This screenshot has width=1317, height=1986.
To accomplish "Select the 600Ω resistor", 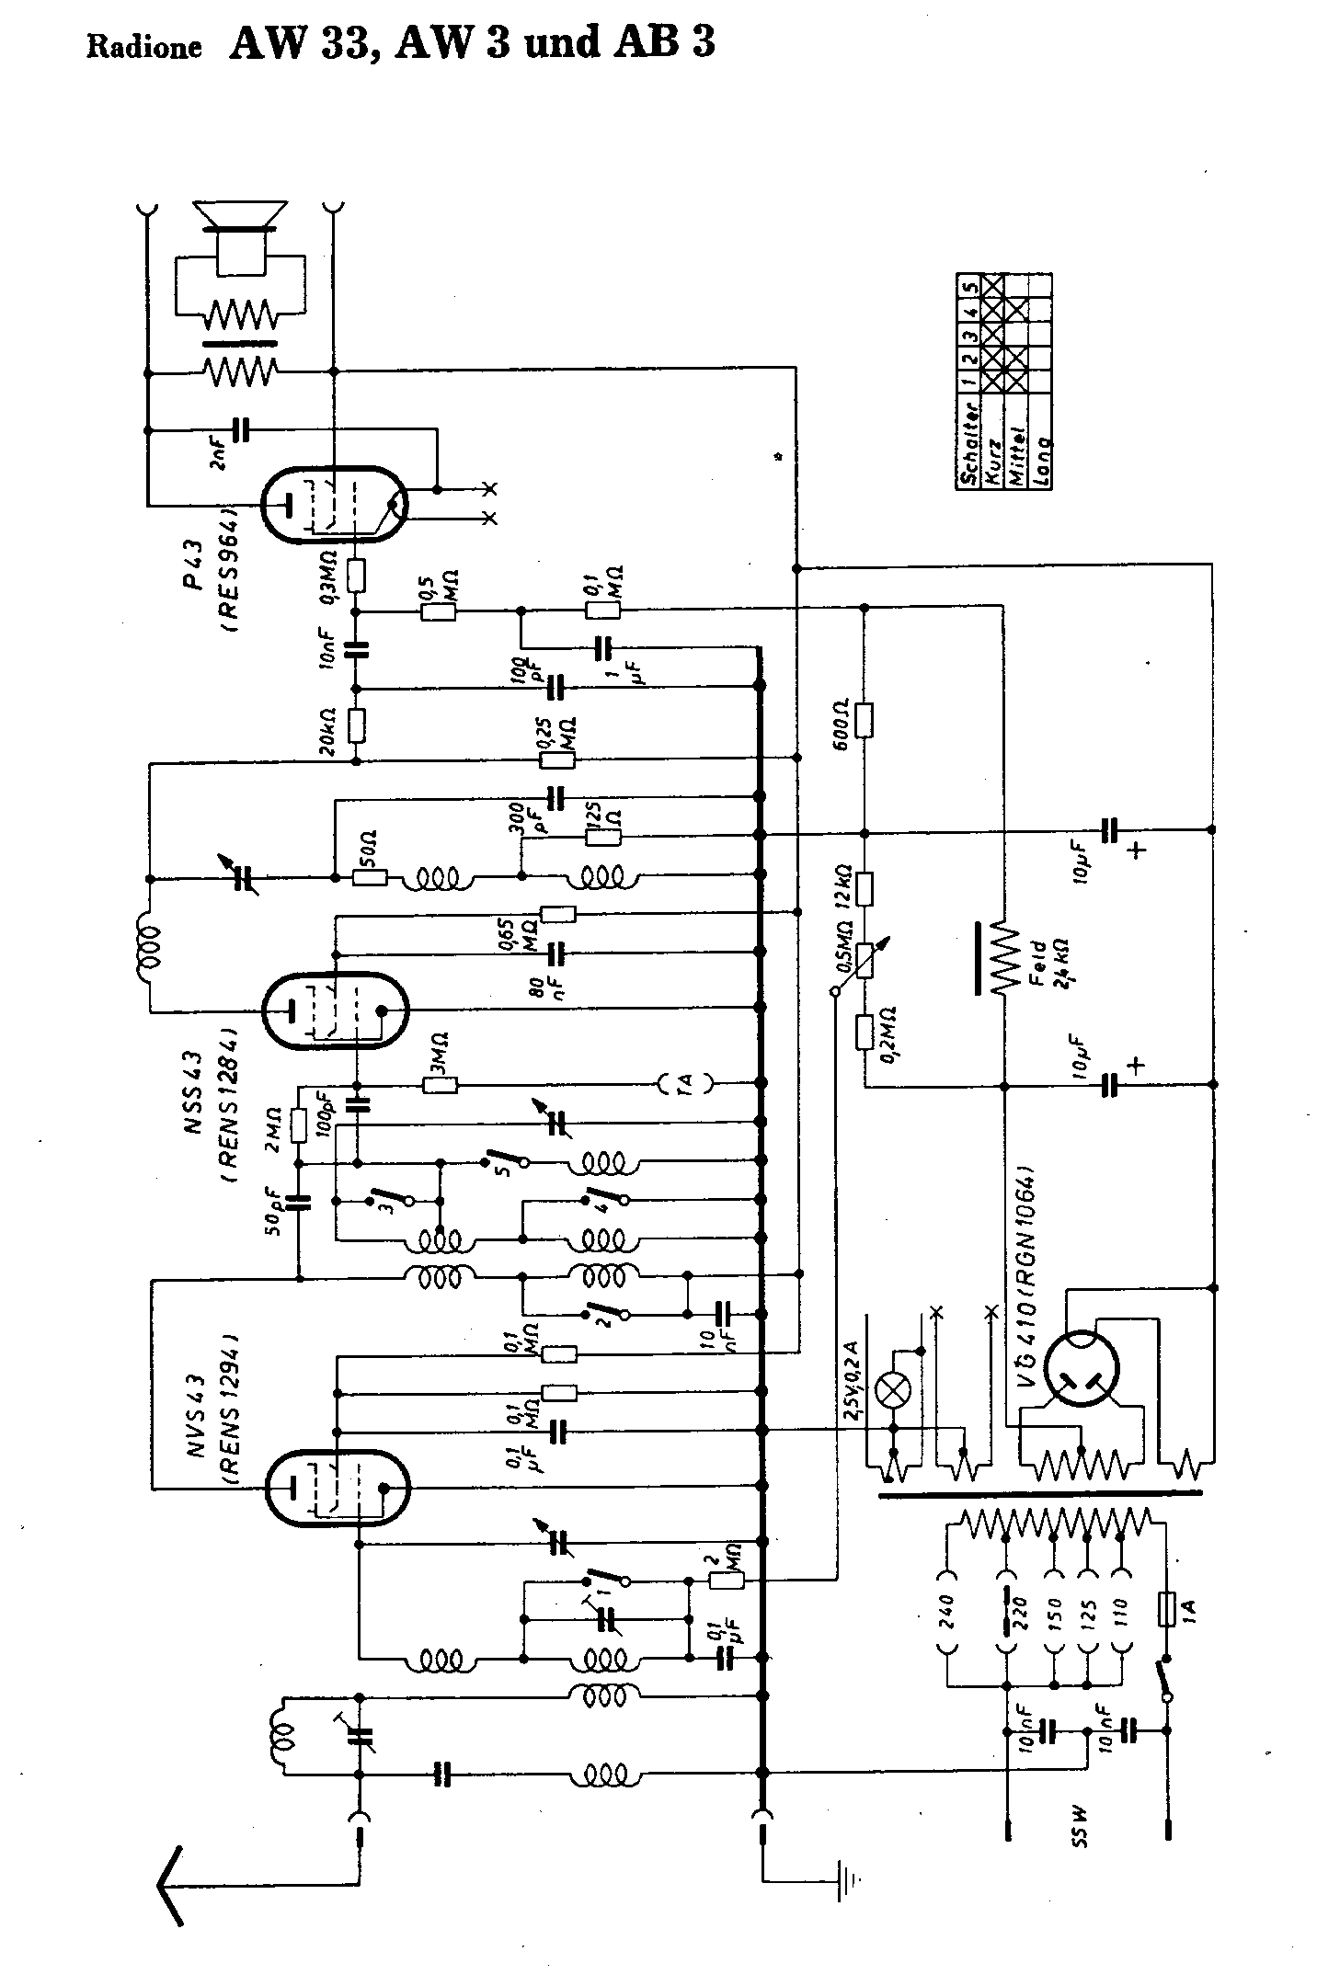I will pyautogui.click(x=864, y=721).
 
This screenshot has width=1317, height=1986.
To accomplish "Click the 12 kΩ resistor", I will pyautogui.click(x=864, y=889).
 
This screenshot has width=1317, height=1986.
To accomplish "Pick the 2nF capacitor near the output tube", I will pyautogui.click(x=242, y=429).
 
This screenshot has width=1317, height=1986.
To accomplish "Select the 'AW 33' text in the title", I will pyautogui.click(x=304, y=44).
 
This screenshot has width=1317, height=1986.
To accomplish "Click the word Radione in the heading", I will pyautogui.click(x=144, y=49).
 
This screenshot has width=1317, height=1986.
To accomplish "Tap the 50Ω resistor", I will pyautogui.click(x=370, y=877).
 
